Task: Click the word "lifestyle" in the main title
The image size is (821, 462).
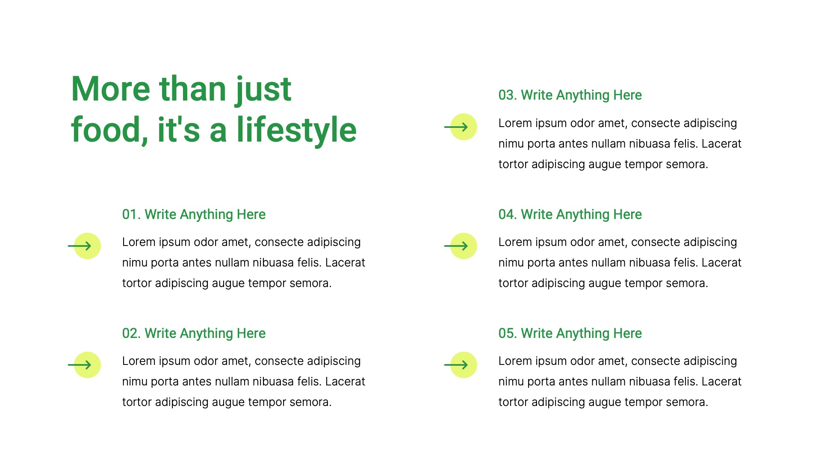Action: (296, 130)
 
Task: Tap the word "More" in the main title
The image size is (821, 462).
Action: (110, 89)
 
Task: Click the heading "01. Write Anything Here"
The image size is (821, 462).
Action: (194, 214)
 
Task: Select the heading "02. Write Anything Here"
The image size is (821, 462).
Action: (194, 333)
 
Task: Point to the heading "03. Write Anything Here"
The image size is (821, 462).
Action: (570, 95)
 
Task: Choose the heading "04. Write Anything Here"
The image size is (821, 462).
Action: (570, 214)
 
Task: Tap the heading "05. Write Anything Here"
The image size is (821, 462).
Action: (570, 333)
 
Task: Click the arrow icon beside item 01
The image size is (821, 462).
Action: (86, 246)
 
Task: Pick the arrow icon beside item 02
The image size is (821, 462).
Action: (86, 365)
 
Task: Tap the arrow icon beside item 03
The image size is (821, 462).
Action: (462, 127)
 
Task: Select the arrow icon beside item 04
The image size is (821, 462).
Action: (462, 246)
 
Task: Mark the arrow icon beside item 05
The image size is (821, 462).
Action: (462, 365)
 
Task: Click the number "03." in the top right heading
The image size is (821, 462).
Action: (508, 95)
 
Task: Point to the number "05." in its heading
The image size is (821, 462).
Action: (508, 333)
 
